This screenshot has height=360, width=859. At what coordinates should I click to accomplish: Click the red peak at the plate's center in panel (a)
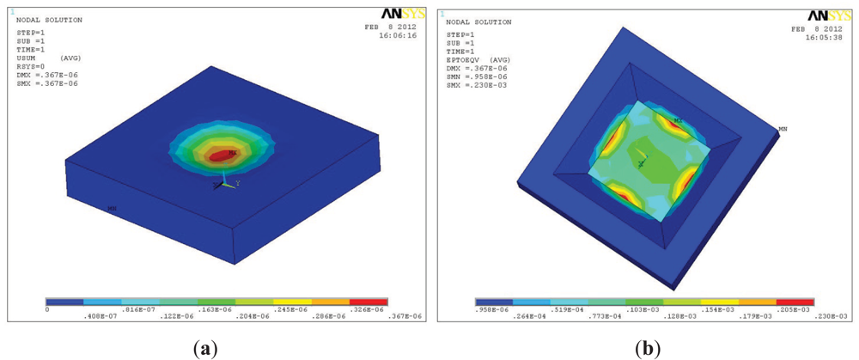[222, 156]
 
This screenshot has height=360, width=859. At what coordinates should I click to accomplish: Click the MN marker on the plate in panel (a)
[112, 208]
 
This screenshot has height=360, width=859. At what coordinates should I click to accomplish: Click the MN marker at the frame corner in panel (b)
[783, 129]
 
